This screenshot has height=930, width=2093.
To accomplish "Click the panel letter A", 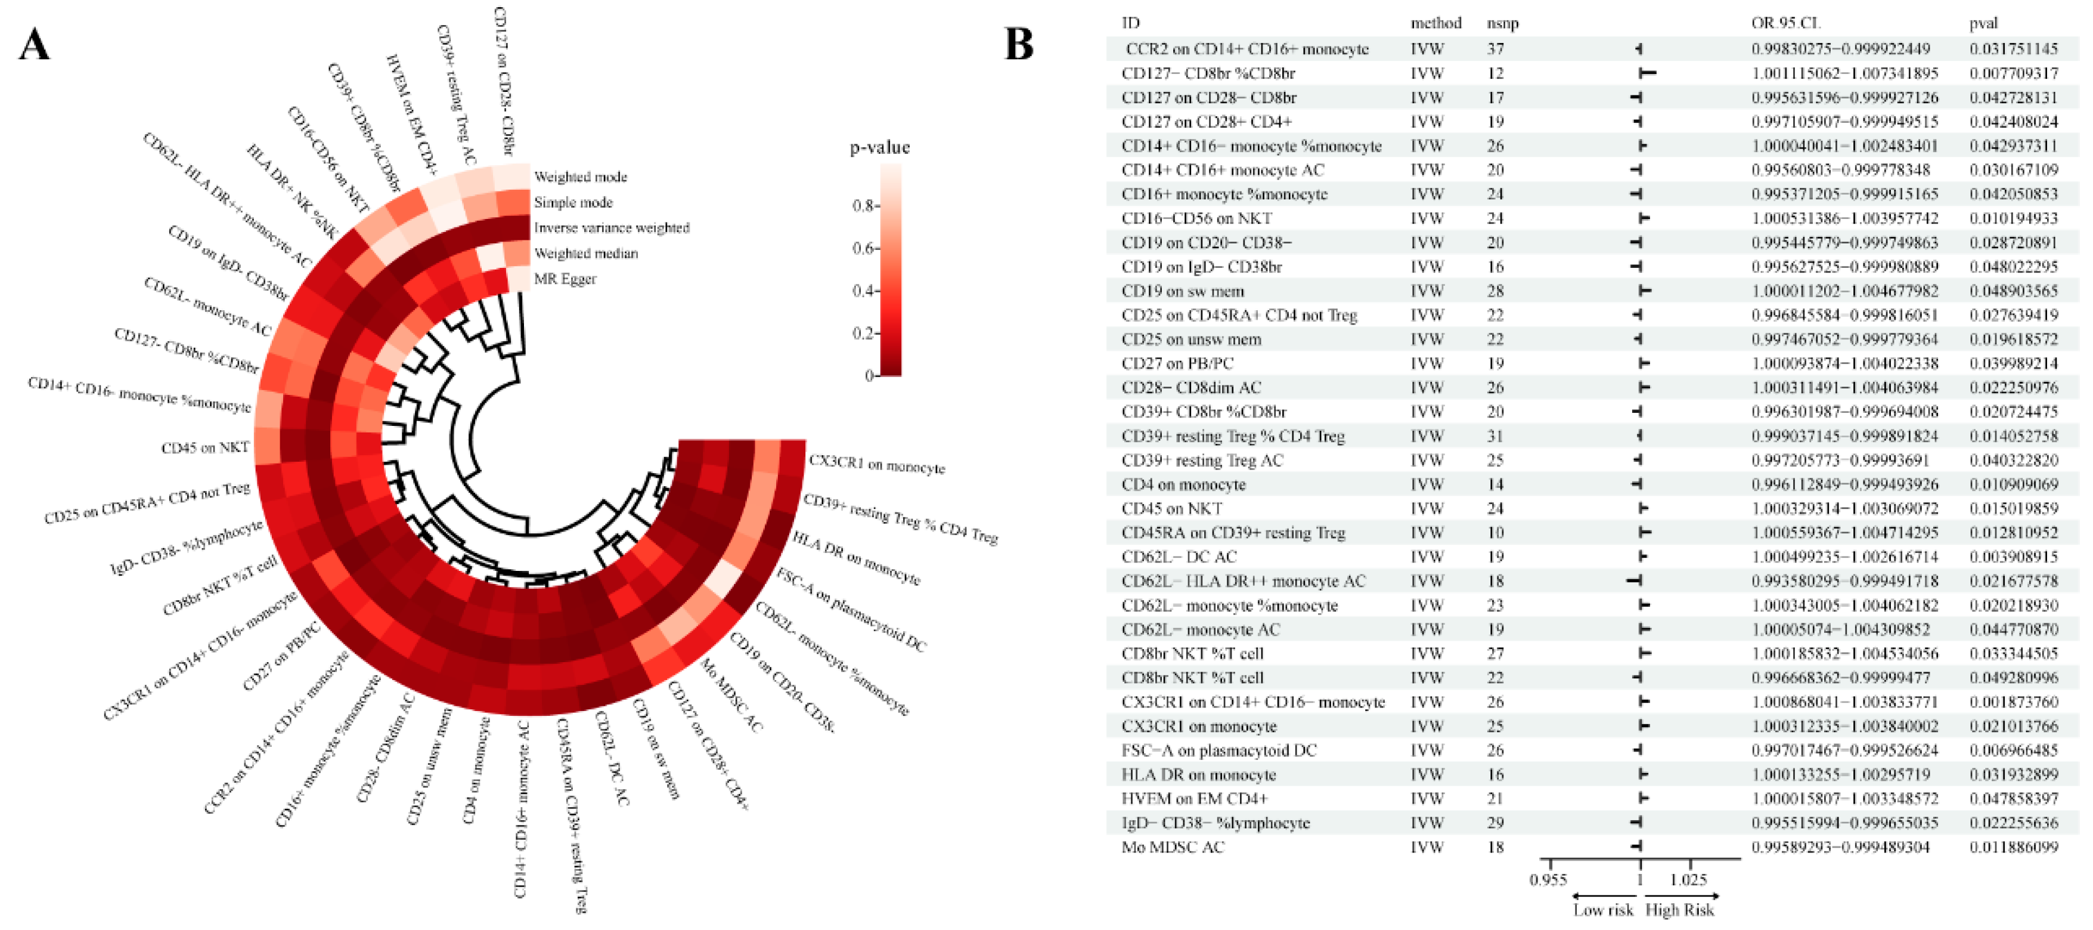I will pos(34,45).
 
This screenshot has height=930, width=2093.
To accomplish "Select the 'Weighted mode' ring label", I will pos(580,177).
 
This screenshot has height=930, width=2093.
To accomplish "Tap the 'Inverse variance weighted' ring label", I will pos(611,228).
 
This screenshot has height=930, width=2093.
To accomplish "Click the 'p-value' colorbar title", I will pos(879,148).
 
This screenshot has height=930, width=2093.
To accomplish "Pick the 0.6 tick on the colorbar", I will pos(862,248).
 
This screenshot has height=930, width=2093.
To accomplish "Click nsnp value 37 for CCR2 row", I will pos(1495,49).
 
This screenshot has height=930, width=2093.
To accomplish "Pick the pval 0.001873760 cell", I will pos(2013,702).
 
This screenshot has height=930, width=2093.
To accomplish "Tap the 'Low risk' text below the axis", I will pos(1602,910).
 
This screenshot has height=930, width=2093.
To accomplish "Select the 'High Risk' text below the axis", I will pos(1679,910).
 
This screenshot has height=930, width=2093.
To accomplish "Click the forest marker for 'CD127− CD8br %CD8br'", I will pos(1647,73).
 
